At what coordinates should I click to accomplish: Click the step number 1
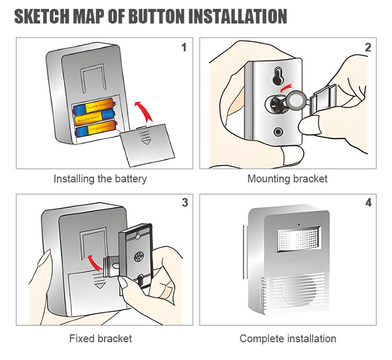[183, 48]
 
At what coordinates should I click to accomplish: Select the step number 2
[368, 48]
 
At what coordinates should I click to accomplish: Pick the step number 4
[368, 203]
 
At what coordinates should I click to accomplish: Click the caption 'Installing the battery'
[100, 179]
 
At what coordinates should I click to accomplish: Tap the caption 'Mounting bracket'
[287, 179]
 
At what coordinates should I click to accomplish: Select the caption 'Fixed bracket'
[100, 339]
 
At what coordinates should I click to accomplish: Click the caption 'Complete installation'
[287, 339]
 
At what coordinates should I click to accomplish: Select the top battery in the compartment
[94, 108]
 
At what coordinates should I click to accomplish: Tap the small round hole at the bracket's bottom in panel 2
[278, 132]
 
